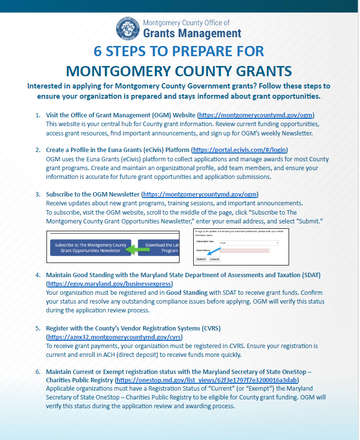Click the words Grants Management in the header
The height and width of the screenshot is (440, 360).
point(192,33)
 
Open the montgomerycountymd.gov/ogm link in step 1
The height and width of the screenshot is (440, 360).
point(256,115)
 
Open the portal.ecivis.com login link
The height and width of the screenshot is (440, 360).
point(240,150)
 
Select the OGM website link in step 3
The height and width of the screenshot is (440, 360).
point(200,194)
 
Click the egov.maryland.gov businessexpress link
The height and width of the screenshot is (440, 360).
point(110,284)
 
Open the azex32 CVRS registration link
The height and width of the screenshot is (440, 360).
point(114,337)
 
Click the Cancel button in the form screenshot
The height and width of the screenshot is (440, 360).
point(215,259)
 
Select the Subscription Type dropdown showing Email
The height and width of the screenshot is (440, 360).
point(248,242)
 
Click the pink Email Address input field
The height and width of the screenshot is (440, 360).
point(240,250)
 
